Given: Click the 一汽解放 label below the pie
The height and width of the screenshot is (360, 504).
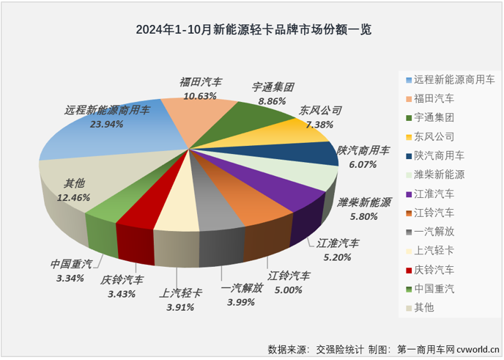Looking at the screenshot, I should click(242, 289).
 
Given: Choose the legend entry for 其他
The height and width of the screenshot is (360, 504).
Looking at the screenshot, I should click(424, 308).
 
